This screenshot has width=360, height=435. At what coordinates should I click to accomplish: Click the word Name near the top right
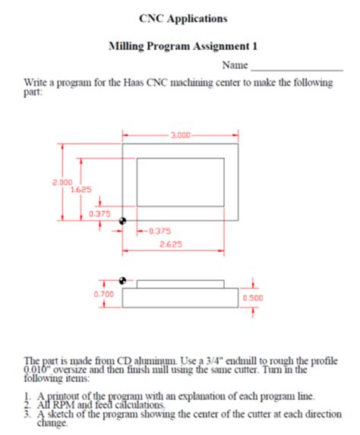pos(235,66)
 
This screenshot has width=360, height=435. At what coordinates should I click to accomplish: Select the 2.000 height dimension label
pos(62,183)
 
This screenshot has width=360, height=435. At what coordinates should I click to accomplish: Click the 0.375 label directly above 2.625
pos(159,231)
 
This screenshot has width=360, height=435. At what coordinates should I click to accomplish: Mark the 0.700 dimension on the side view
pos(104,293)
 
